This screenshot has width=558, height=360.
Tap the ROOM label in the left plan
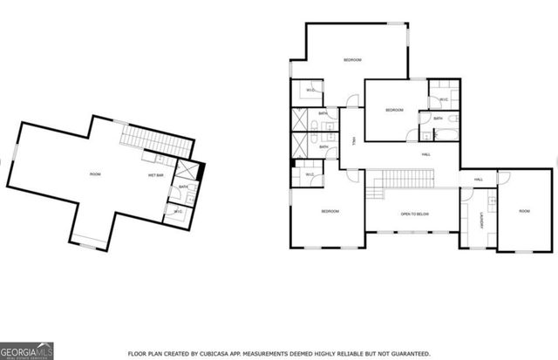95,175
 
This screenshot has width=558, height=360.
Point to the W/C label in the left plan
177,212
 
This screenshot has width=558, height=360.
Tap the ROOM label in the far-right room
524,211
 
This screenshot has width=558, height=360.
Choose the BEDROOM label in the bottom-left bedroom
329,212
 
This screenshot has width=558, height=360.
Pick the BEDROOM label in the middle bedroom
395,110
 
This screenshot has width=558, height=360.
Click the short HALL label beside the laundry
478,180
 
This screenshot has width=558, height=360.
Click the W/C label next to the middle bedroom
444,99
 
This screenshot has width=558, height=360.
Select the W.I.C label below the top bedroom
310,91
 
